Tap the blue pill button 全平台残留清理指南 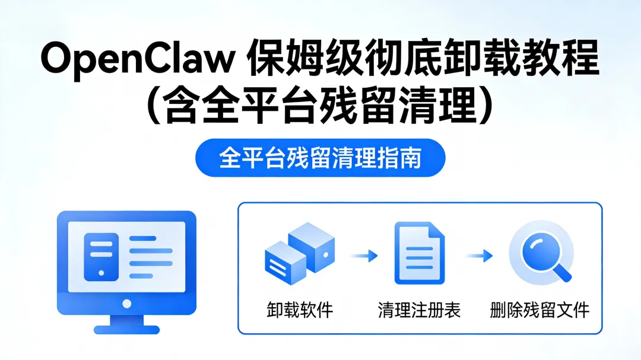(320, 158)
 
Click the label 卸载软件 (300, 310)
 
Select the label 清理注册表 (419, 310)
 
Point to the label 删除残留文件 (540, 310)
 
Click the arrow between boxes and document (363, 256)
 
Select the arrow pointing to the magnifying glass (479, 256)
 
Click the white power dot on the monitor (126, 304)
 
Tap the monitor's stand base (126, 327)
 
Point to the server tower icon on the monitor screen (101, 256)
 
